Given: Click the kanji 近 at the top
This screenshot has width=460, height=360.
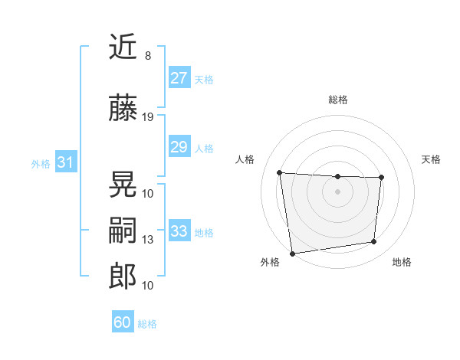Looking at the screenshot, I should coord(123,47).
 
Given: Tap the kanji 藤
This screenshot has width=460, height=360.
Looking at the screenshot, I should coord(123,108).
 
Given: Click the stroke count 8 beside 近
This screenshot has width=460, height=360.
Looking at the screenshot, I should coord(148,56).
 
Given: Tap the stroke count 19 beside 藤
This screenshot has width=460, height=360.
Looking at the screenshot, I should coord(148,116).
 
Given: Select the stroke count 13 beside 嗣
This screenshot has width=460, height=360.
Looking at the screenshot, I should coord(148,240).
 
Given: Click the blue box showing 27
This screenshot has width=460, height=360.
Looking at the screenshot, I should coord(179,78).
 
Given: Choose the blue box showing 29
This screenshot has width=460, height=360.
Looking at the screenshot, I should coord(179,147).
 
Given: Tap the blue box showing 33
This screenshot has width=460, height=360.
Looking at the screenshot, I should coord(179,231).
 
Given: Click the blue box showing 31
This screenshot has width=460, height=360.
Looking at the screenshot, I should coord(65,162).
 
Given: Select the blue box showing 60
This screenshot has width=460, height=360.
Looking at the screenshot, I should coord(122,322).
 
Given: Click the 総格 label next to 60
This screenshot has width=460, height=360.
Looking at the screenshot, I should coord(147,324).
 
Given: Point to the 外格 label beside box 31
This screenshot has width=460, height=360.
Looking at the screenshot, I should coord(41,163).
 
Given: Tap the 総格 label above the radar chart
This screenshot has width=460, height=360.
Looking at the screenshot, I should coord(337,100).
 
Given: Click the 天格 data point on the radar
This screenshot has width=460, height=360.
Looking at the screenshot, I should coord(381,178).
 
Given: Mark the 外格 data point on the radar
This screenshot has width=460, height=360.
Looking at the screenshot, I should coord(291,253).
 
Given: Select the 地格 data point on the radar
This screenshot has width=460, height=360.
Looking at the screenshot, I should coord(374,242).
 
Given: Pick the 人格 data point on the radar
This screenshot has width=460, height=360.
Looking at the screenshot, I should coord(280,172).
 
